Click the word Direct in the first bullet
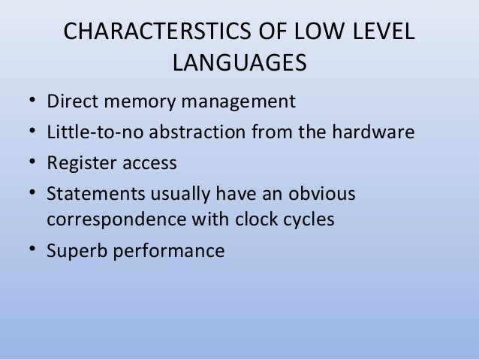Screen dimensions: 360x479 71,101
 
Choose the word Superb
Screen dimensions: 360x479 74,251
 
